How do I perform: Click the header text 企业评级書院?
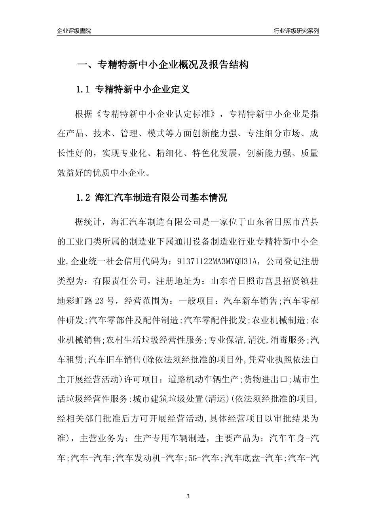coord(74,31)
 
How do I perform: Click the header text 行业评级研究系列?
coord(296,31)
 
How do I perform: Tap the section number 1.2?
coord(84,198)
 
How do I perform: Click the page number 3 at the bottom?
coord(188,496)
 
